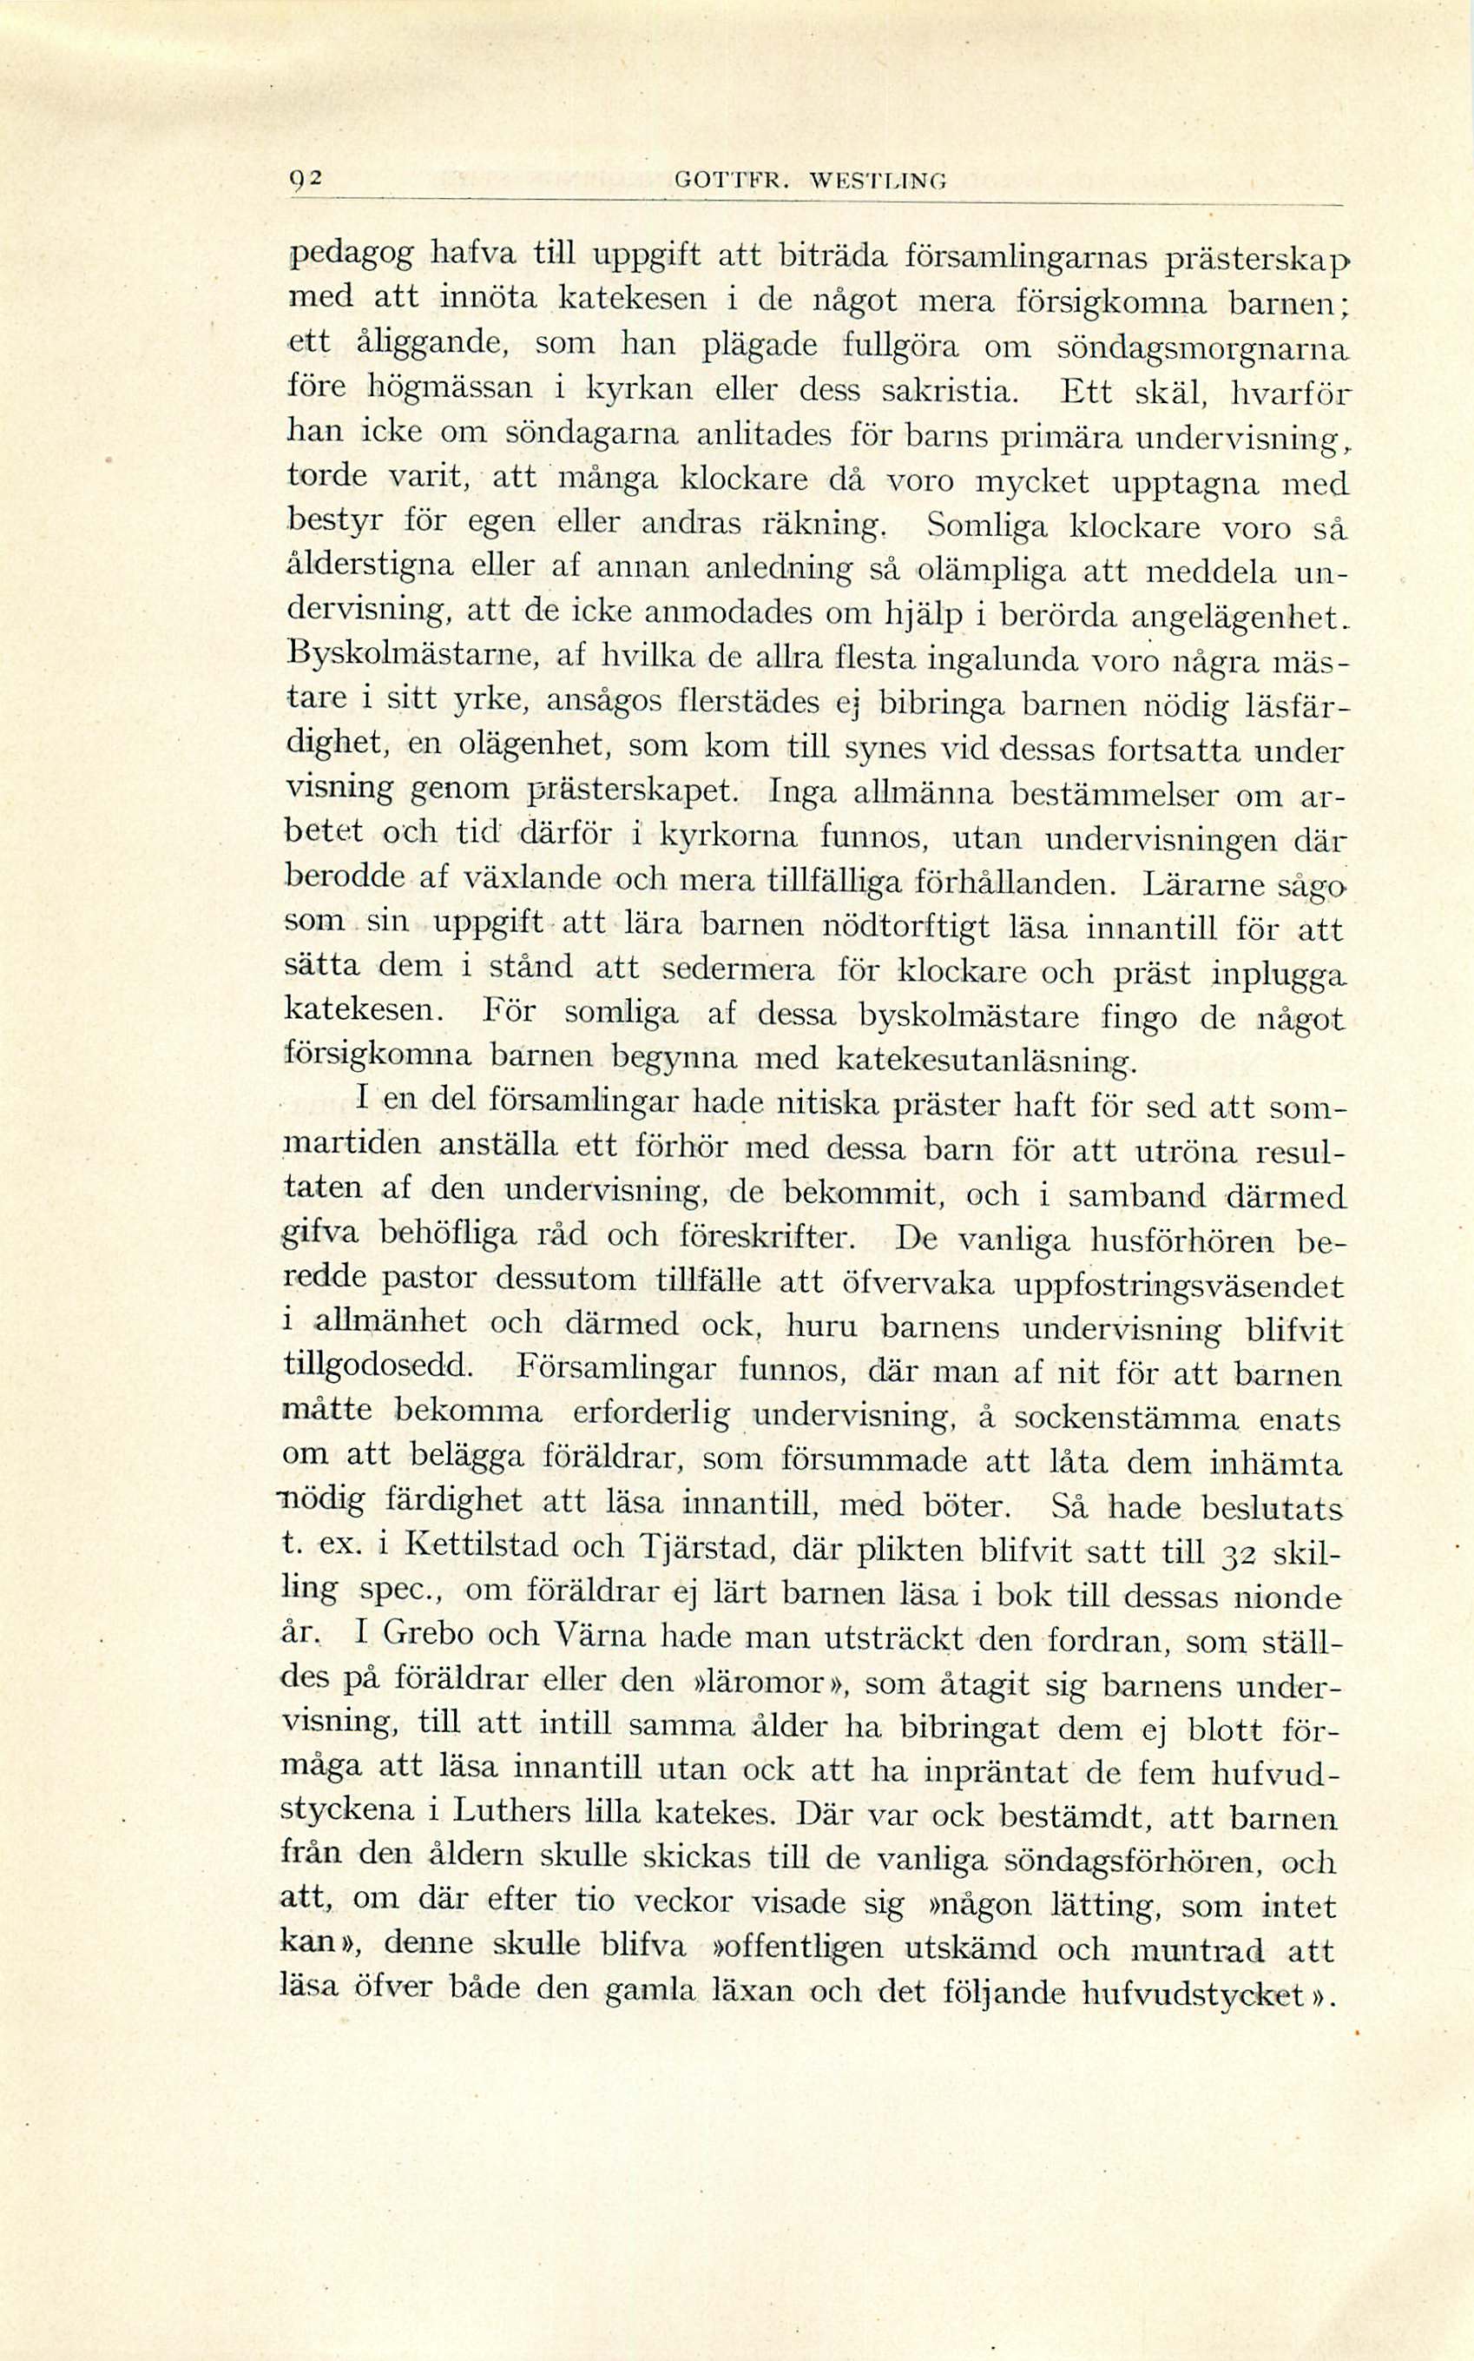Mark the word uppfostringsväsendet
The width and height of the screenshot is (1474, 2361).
click(1179, 1285)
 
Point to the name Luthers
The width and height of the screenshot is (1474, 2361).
click(508, 1812)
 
